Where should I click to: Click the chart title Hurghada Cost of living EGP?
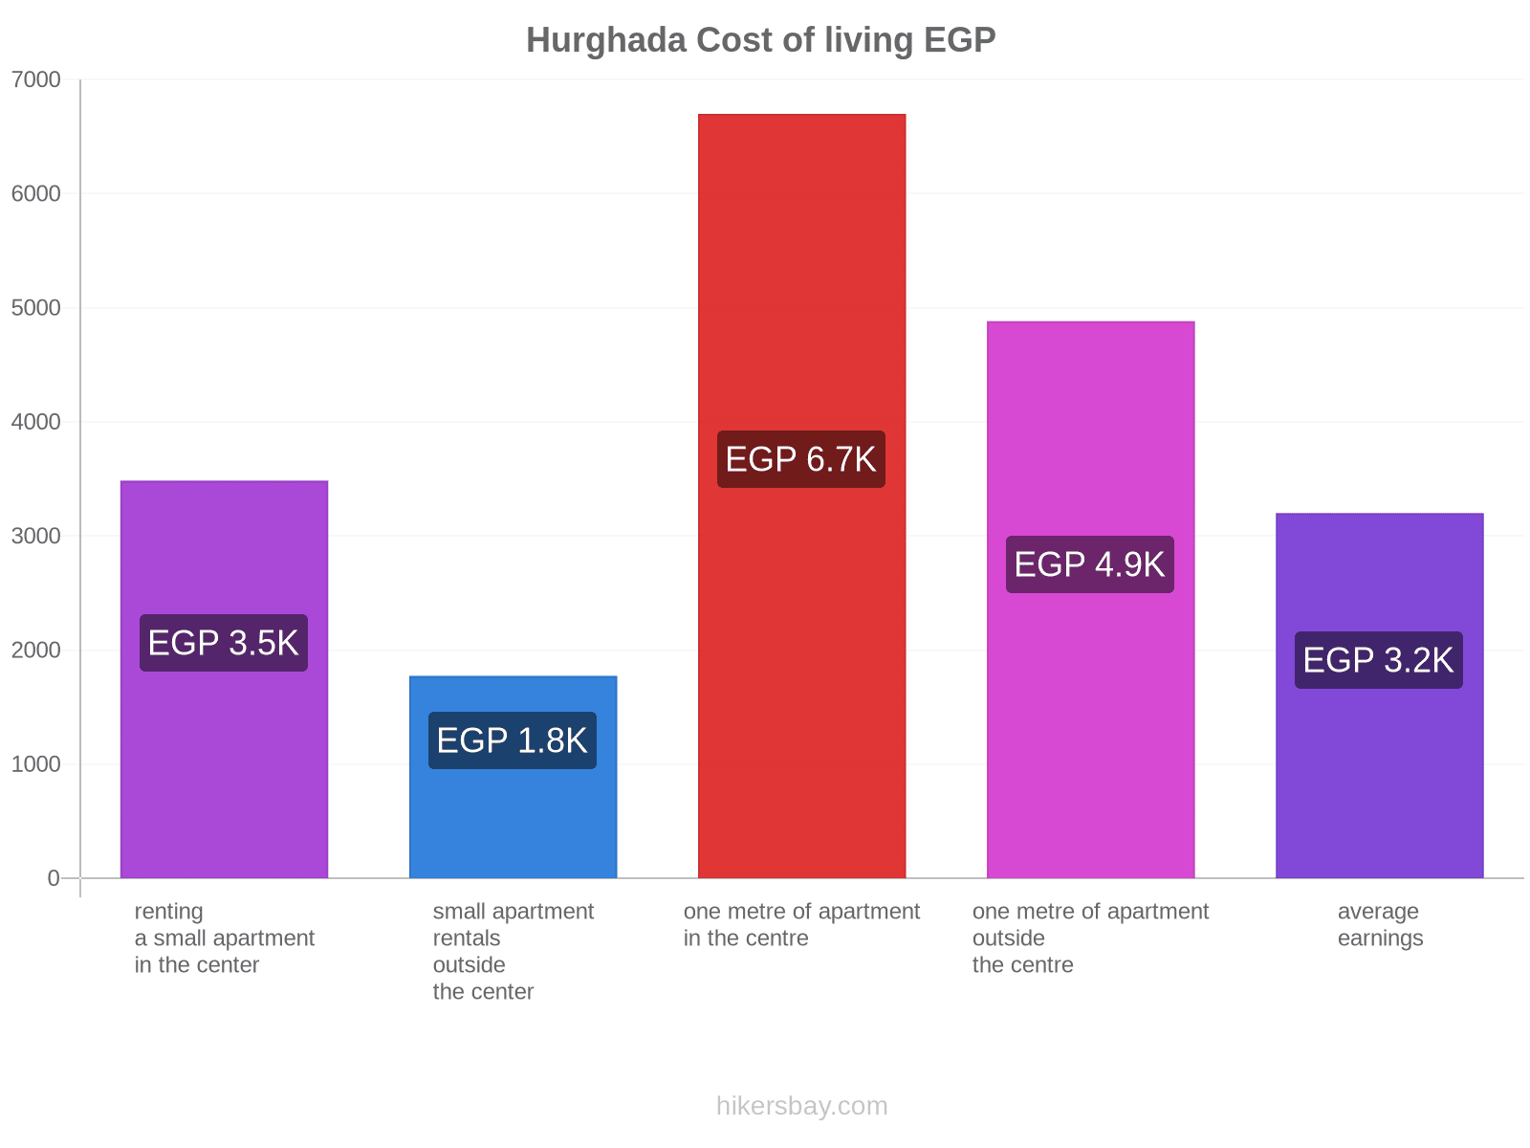point(760,40)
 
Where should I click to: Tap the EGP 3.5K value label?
point(224,643)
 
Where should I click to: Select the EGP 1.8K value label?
point(513,740)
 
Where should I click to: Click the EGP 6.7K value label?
point(801,459)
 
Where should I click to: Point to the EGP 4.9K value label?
point(1090,564)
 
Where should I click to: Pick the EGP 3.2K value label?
point(1379,660)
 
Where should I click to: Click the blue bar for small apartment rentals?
point(513,813)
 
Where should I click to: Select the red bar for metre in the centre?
point(801,287)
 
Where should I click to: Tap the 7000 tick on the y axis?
point(36,80)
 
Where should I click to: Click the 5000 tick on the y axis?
point(36,308)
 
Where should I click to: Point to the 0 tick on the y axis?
point(54,878)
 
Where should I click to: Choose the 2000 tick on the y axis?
point(36,651)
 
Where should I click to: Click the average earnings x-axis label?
point(1379,925)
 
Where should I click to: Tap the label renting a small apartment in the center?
point(224,938)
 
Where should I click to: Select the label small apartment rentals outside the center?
point(513,952)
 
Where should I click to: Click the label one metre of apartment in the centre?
point(801,925)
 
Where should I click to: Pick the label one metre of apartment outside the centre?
point(1090,938)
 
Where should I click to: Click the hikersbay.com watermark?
point(801,1106)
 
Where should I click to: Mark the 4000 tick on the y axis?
point(36,422)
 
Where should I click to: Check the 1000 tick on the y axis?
point(36,764)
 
